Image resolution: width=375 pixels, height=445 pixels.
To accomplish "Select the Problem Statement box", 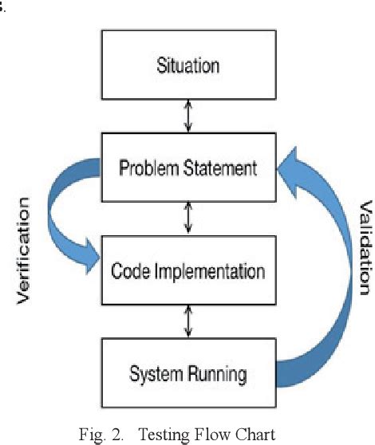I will click(187, 168).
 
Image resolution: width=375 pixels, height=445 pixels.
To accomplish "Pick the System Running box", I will click(187, 372).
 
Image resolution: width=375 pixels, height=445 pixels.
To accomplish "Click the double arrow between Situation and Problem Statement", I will click(187, 116).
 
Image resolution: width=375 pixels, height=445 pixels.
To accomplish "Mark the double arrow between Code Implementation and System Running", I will click(187, 321).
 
